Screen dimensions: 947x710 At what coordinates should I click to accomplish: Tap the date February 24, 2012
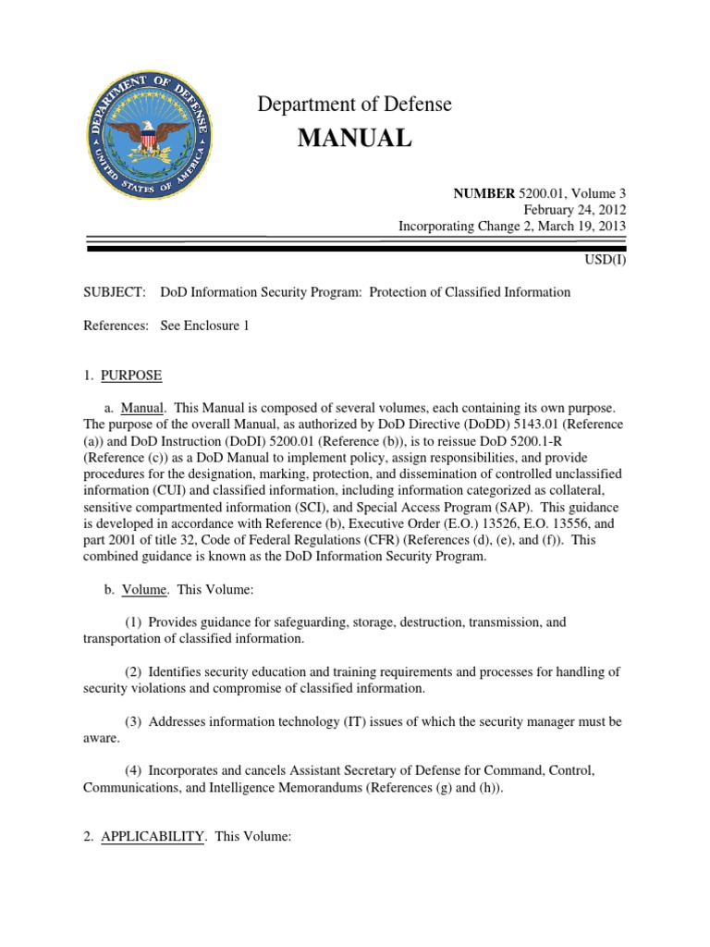point(581,209)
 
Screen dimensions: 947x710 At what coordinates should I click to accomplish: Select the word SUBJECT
point(115,292)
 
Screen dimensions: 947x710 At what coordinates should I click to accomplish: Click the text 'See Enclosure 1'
point(205,326)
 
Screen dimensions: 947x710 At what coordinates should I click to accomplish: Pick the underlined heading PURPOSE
point(131,375)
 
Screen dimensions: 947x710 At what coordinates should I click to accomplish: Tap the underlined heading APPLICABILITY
point(153,836)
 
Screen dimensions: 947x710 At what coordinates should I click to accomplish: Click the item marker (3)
point(134,720)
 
